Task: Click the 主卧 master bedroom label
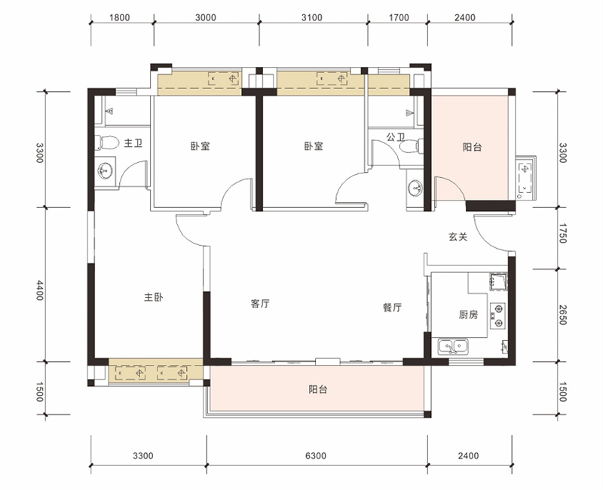(x=154, y=297)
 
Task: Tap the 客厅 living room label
(x=260, y=304)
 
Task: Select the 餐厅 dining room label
(x=392, y=308)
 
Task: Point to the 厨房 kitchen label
(x=468, y=314)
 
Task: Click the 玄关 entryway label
(x=458, y=237)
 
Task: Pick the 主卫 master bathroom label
(x=133, y=143)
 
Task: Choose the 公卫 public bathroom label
(x=396, y=136)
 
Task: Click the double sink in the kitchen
(x=454, y=347)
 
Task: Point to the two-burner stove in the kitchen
(x=497, y=316)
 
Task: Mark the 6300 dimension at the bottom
(x=316, y=456)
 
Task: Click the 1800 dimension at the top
(x=120, y=17)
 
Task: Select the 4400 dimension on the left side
(x=40, y=290)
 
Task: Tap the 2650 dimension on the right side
(x=562, y=314)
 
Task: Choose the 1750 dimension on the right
(x=562, y=233)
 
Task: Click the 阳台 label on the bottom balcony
(x=318, y=390)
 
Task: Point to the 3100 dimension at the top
(x=312, y=17)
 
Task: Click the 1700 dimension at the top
(x=399, y=17)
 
